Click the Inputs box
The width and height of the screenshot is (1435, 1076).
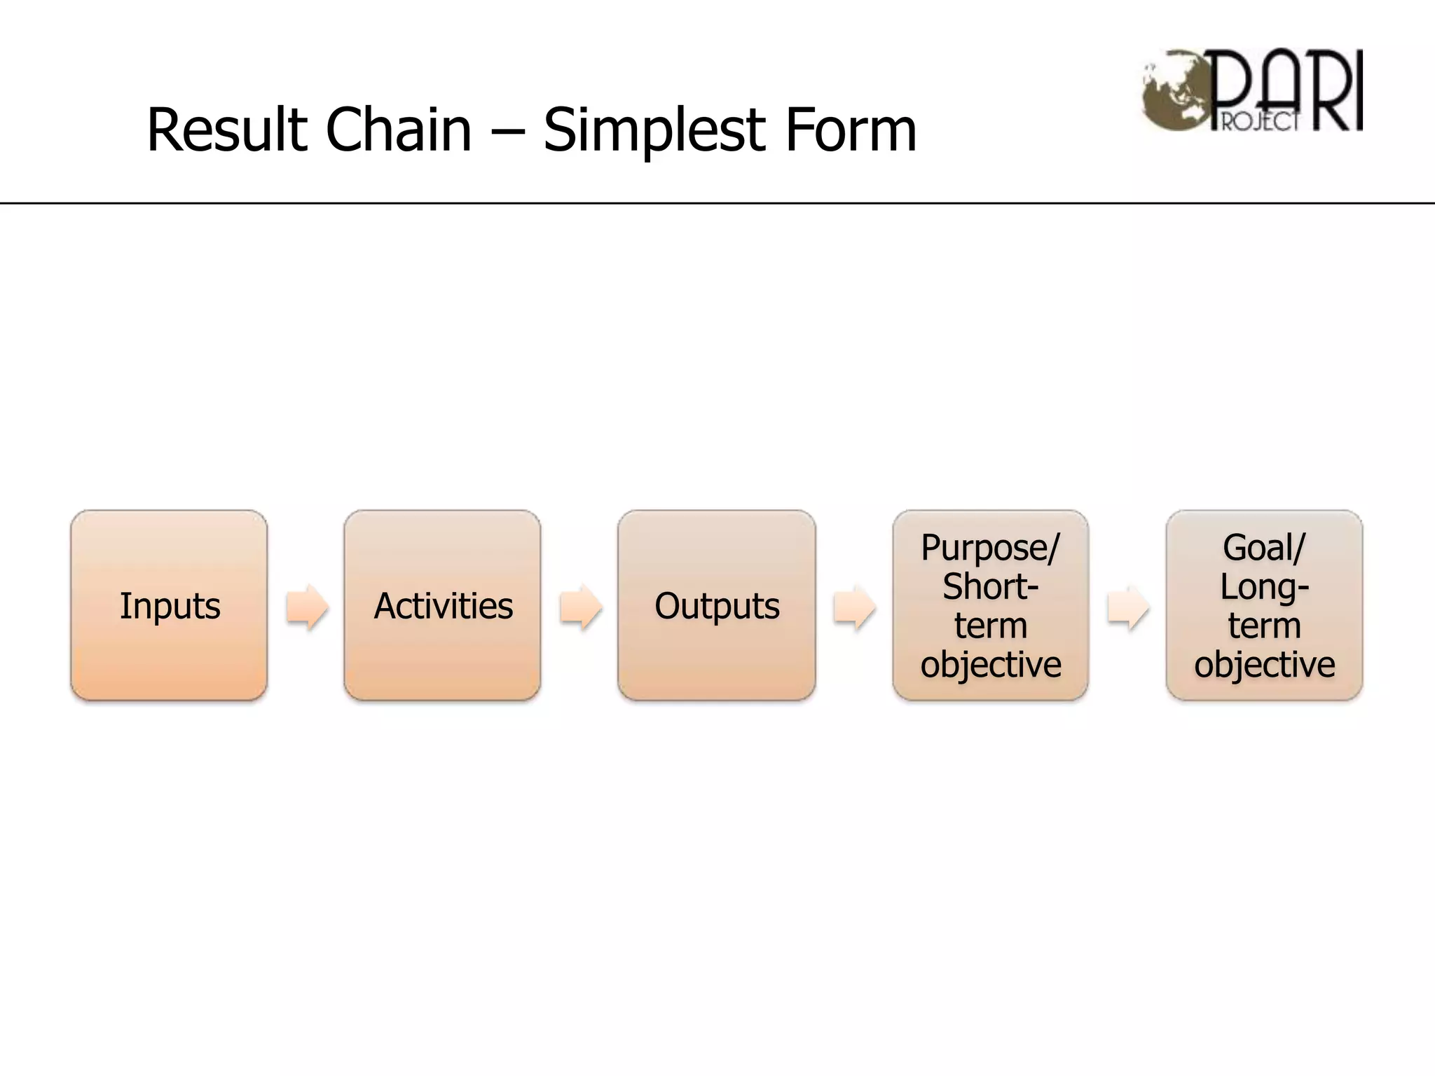pos(169,605)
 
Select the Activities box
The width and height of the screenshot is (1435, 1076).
pos(442,605)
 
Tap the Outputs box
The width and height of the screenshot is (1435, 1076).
pos(716,605)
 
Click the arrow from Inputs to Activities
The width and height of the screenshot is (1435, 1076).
pos(307,607)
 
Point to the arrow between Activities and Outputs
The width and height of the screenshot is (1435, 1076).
pos(580,607)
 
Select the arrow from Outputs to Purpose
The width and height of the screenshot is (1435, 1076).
pos(854,607)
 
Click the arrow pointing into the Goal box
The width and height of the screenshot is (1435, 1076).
pos(1128,607)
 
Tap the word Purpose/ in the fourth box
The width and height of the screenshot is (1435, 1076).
pos(990,547)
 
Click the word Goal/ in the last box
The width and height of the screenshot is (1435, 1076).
pos(1264,547)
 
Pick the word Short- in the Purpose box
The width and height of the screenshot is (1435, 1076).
pos(990,586)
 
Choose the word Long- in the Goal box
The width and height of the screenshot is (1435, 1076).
pos(1264,586)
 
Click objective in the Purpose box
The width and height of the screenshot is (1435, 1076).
pos(990,664)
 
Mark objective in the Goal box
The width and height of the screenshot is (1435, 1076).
pos(1264,664)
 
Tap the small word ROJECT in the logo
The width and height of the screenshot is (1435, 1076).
pos(1260,122)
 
